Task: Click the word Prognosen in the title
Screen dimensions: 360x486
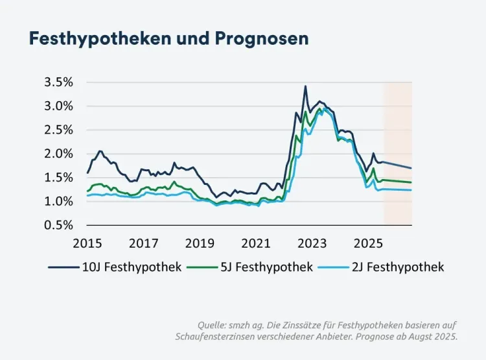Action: [268, 38]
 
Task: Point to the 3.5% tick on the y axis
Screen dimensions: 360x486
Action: [58, 82]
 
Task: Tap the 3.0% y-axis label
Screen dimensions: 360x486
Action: [58, 106]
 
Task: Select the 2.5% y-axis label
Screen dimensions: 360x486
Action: [58, 130]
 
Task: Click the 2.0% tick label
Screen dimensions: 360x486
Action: [58, 154]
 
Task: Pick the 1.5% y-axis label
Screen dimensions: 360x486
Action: [58, 177]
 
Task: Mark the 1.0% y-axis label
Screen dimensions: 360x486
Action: [58, 201]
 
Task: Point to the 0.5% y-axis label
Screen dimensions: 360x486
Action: [58, 225]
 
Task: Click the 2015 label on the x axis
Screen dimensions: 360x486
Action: [87, 243]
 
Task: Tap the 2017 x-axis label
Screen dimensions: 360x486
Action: [144, 243]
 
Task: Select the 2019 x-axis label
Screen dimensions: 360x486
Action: [200, 243]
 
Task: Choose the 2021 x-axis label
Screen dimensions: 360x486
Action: [256, 243]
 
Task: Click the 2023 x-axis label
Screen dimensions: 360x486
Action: [312, 243]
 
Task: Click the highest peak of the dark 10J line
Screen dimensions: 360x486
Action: [305, 86]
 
